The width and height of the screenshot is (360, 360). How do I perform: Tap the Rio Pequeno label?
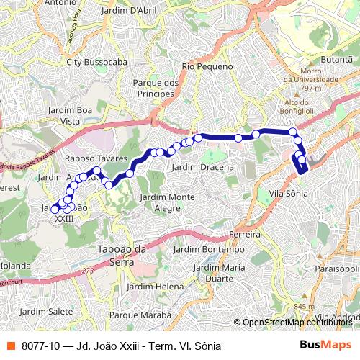(x=207, y=66)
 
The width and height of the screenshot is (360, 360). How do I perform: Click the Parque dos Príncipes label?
(x=156, y=88)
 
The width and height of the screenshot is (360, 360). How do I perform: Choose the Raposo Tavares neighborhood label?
(x=96, y=158)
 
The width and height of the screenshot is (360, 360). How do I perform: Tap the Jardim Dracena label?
(x=203, y=167)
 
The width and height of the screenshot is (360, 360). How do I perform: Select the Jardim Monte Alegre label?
(x=168, y=202)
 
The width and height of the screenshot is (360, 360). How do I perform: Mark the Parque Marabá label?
(x=140, y=315)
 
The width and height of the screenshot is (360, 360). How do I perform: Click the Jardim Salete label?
(x=47, y=312)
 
